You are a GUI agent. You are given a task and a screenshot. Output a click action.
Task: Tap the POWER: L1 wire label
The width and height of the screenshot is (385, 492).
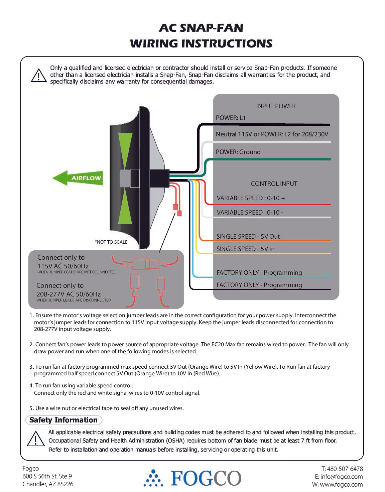point(231,118)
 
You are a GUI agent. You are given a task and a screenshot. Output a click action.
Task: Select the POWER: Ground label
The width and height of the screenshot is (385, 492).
point(238,152)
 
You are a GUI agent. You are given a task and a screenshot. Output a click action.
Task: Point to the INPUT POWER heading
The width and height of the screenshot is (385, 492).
point(276,106)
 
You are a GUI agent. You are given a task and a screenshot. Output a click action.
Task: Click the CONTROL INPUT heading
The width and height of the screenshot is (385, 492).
point(274,183)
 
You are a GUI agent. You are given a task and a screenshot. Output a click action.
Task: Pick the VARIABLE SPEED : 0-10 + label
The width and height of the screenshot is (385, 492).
point(251,198)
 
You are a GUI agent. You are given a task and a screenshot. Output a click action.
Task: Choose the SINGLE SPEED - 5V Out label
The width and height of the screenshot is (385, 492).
point(248,236)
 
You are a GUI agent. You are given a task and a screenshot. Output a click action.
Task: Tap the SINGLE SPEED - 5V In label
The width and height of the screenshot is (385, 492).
point(245,249)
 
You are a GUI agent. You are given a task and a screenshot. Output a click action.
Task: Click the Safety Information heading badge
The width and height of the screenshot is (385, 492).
point(63,420)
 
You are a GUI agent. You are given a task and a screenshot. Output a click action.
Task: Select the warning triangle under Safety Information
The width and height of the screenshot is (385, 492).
point(35,439)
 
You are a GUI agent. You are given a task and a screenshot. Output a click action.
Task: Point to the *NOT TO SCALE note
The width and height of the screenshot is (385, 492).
point(111,242)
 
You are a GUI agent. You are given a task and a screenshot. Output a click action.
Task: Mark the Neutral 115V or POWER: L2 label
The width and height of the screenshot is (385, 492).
point(272,134)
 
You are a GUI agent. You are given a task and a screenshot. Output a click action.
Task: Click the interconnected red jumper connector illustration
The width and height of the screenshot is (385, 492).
point(147,264)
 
